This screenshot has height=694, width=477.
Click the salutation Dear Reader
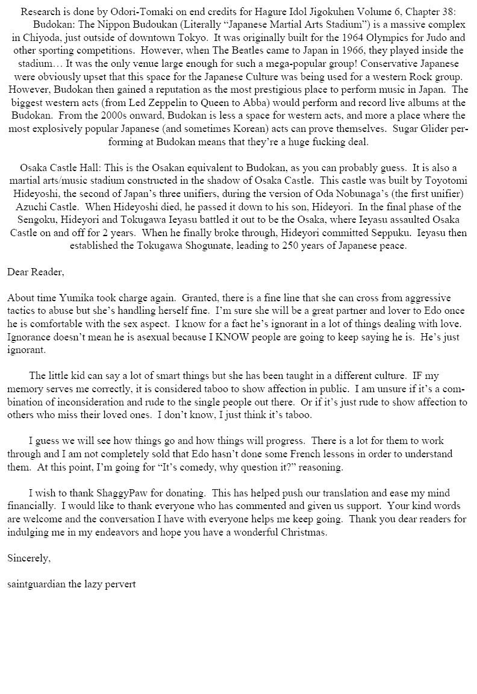35,272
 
